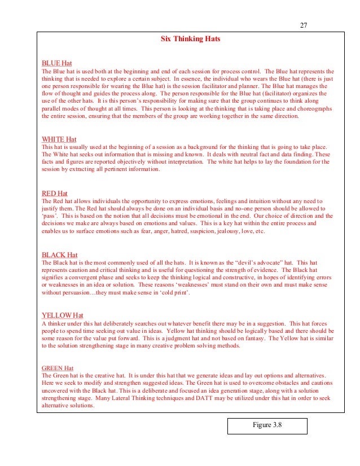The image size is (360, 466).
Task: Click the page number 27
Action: click(x=303, y=25)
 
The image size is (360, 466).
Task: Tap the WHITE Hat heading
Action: click(x=59, y=139)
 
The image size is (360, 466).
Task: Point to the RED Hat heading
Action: click(x=55, y=194)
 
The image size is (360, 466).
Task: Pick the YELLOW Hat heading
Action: click(x=63, y=315)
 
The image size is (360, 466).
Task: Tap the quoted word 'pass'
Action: click(x=51, y=216)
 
